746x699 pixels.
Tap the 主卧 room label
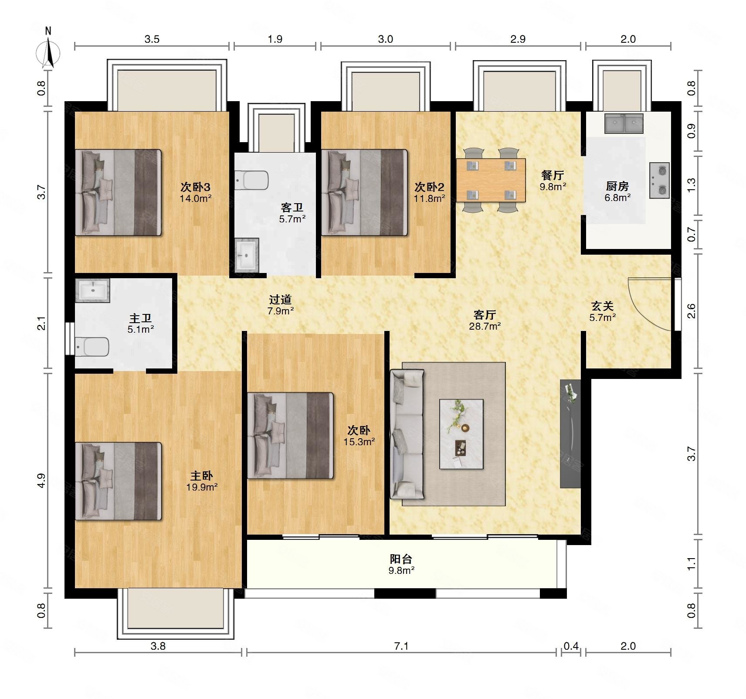coord(201,476)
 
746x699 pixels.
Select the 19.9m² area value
coord(202,487)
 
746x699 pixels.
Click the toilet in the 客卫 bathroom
coord(251,180)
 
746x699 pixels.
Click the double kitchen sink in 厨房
coord(624,123)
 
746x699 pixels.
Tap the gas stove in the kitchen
coord(659,181)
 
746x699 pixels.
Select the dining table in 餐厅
coord(491,180)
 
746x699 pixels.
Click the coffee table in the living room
coord(461,434)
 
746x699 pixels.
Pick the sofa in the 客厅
coord(407,434)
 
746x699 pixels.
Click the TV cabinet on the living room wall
coord(570,433)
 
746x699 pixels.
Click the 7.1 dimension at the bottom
coord(401,646)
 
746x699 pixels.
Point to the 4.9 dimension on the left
coord(41,480)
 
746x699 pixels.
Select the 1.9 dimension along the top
coord(275,39)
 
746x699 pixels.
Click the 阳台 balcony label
coord(401,559)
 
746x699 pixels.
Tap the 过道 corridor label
coord(280,300)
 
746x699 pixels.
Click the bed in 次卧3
coord(118,193)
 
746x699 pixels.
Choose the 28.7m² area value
coord(485,326)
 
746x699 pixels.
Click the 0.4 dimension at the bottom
coord(571,646)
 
